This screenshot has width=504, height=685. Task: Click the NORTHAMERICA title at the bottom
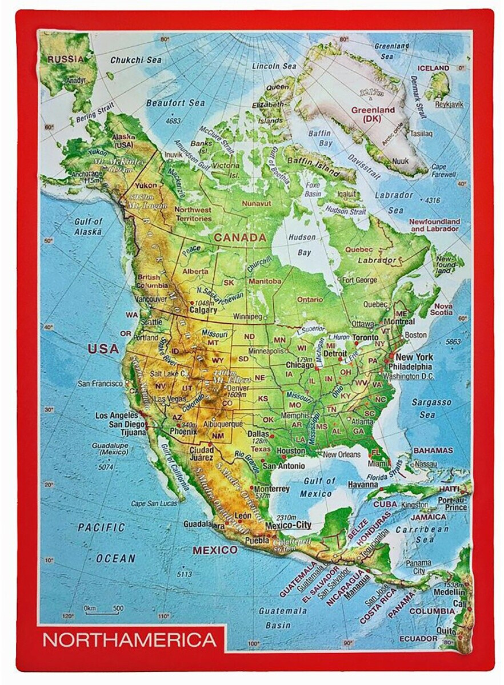(130, 639)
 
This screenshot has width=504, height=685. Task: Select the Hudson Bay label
(302, 244)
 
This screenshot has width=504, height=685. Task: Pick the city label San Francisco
(100, 383)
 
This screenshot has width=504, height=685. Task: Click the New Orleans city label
(342, 454)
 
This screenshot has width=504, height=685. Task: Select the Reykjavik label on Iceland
(449, 104)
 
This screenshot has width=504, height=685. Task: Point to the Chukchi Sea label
(136, 60)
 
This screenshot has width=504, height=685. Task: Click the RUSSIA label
(64, 58)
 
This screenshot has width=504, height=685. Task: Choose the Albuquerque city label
(223, 424)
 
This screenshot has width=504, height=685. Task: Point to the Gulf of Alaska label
(88, 227)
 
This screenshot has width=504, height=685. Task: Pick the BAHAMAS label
(433, 450)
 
